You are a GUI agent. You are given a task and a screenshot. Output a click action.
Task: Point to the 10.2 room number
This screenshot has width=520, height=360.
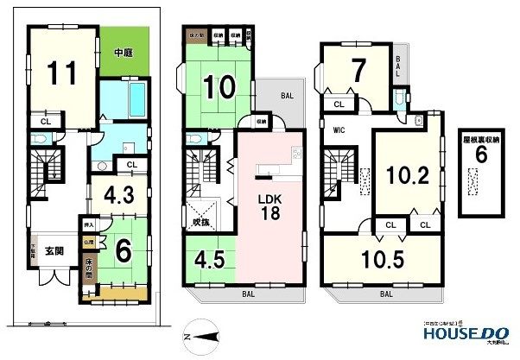coord(408,175)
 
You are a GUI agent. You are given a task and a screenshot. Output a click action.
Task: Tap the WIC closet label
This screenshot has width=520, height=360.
coord(339,132)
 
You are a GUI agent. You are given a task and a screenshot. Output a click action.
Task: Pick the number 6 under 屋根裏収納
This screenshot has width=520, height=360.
coord(482,155)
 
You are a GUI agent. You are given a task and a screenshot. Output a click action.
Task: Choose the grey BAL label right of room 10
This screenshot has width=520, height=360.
coord(285,97)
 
